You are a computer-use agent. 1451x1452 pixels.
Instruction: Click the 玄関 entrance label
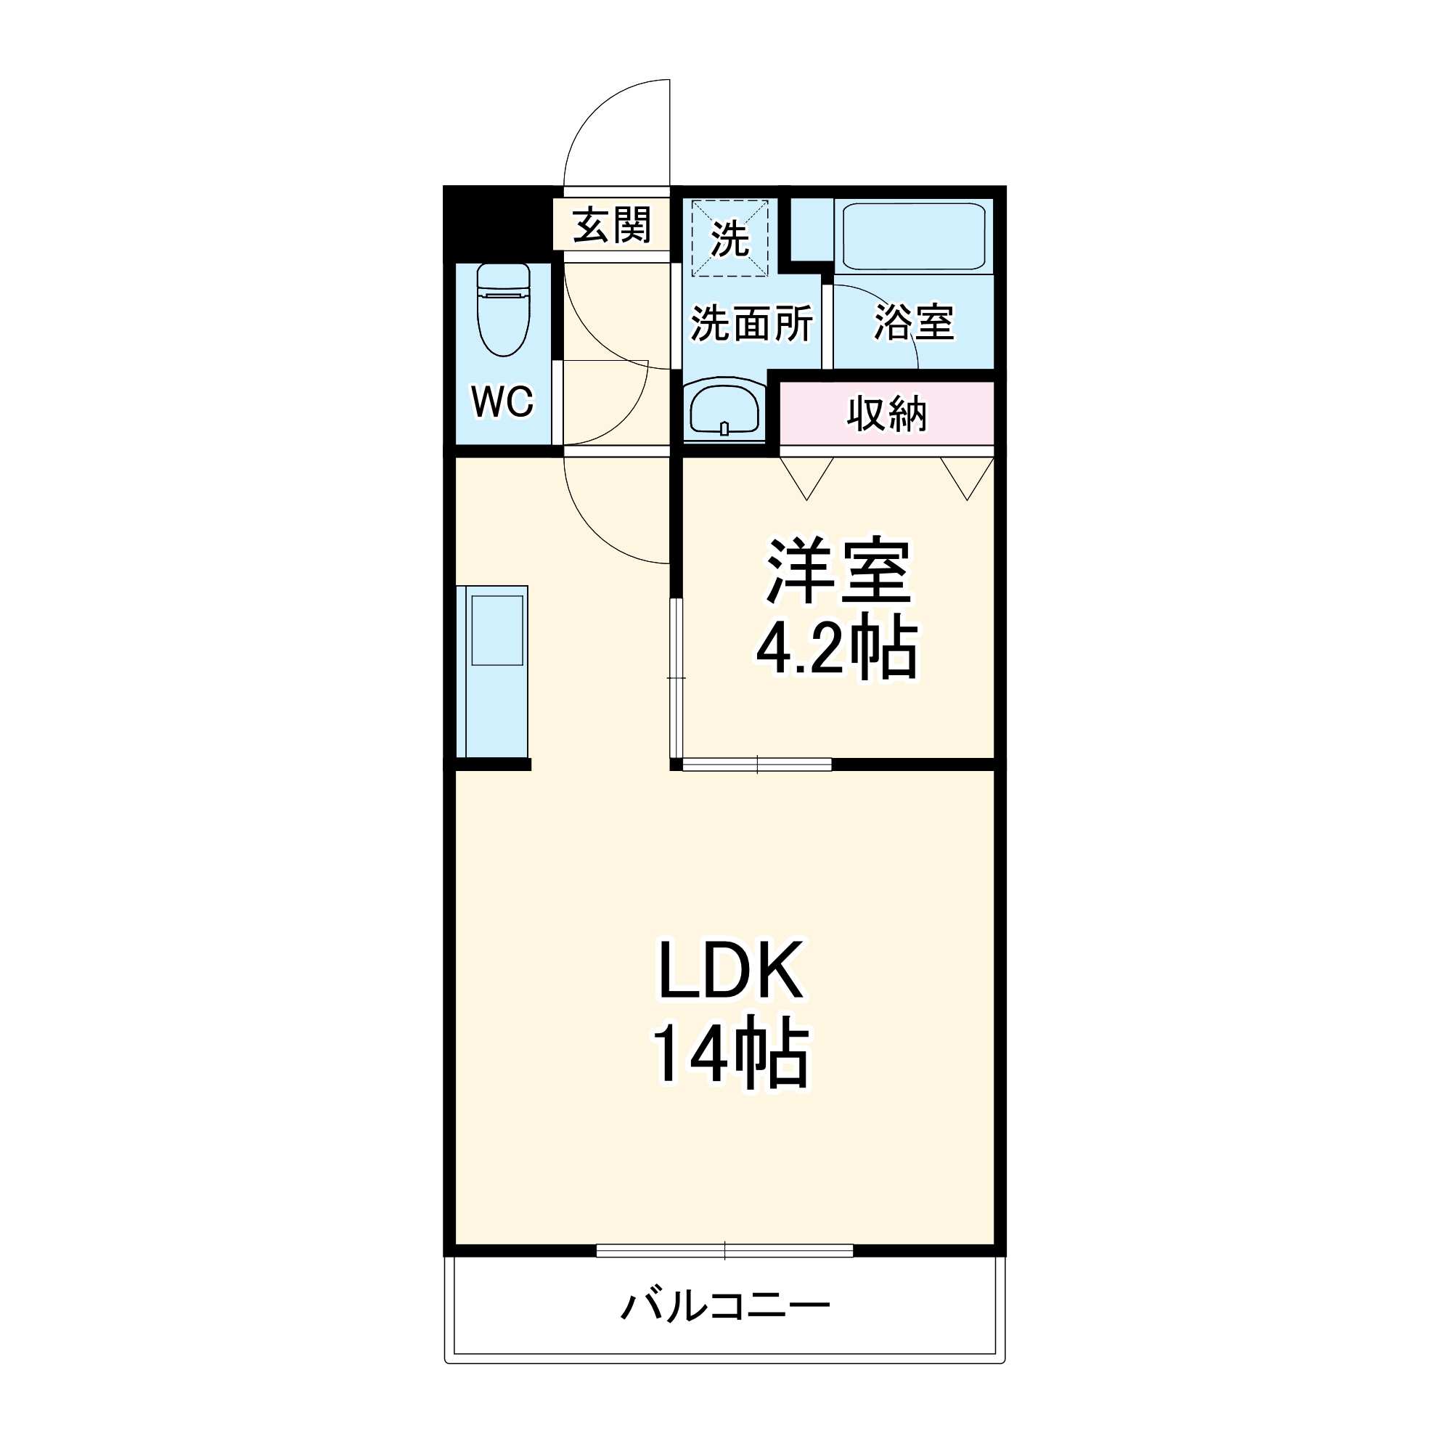(611, 225)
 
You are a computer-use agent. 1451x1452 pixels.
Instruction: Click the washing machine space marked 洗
(729, 238)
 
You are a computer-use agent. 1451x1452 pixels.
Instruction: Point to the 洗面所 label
(751, 324)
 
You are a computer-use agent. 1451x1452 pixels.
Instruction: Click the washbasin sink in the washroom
(724, 409)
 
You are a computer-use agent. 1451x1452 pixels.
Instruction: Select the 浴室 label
(913, 322)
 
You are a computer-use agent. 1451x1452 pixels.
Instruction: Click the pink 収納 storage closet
(887, 413)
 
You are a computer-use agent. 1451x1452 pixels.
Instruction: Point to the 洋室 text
(837, 572)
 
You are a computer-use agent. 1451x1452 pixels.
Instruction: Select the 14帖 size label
(730, 1053)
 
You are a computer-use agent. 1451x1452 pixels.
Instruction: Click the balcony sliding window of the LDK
(724, 1251)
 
